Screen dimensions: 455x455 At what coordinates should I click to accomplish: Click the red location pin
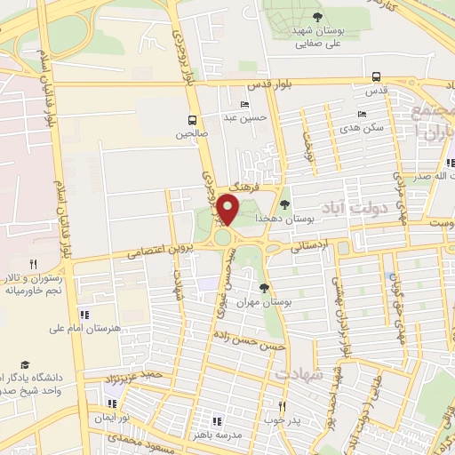point(228,211)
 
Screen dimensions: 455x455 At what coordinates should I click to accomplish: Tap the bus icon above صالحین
point(192,119)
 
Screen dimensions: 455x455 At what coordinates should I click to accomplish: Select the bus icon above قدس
point(377,76)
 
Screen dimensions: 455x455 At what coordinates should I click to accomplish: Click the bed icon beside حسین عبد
point(244,105)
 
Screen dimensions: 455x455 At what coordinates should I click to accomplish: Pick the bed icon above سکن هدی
point(360,114)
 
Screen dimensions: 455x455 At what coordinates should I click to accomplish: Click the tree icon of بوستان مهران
point(264,287)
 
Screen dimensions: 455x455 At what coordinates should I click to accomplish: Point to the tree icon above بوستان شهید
point(318,17)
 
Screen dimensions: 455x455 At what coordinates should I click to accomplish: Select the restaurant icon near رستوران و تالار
point(33,263)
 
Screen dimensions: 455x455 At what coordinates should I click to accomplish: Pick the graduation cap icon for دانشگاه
point(26,365)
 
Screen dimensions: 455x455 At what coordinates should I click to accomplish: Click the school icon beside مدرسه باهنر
point(216,421)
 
